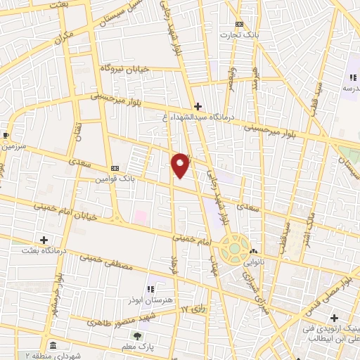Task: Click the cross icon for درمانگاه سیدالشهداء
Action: pyautogui.click(x=199, y=106)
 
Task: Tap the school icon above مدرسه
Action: pyautogui.click(x=352, y=77)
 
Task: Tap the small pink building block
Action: pyautogui.click(x=141, y=216)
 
